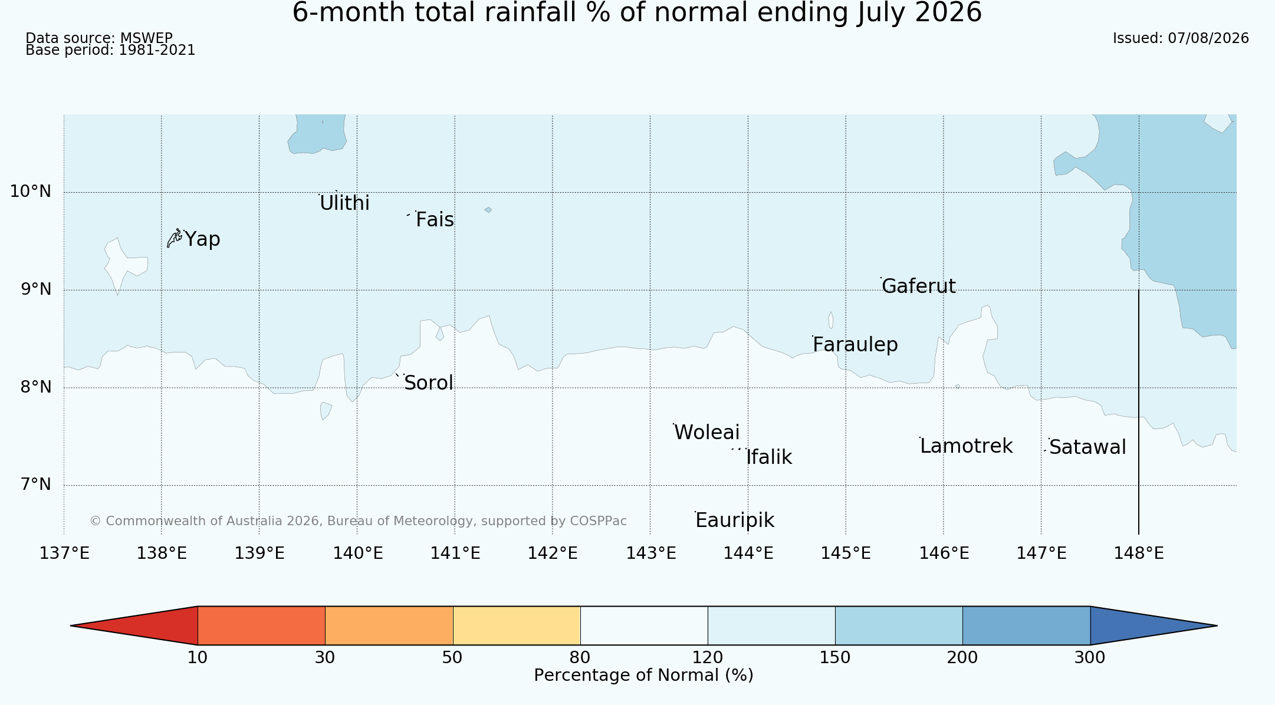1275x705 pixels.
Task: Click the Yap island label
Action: [x=202, y=240]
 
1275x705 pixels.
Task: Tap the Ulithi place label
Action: [x=344, y=203]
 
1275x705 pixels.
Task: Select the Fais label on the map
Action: [x=435, y=220]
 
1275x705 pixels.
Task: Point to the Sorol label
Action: [x=429, y=383]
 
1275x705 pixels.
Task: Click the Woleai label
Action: [x=706, y=433]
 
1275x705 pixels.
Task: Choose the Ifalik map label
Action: [x=769, y=457]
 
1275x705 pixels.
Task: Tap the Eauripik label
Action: [x=735, y=520]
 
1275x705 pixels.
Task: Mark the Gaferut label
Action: [x=918, y=286]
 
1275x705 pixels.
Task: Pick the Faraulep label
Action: [x=855, y=345]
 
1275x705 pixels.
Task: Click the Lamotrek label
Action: [x=966, y=446]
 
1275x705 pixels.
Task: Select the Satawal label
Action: [x=1087, y=447]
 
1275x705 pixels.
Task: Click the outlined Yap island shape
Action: [x=175, y=238]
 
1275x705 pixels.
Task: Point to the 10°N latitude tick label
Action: [x=31, y=192]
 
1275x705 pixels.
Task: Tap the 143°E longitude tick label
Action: [x=650, y=554]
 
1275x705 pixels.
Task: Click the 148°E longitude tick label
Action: [x=1138, y=554]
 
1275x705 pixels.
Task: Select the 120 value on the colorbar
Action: [x=707, y=657]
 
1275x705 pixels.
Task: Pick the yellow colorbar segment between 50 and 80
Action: [x=517, y=625]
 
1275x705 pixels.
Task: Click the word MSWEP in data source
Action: [x=146, y=38]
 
